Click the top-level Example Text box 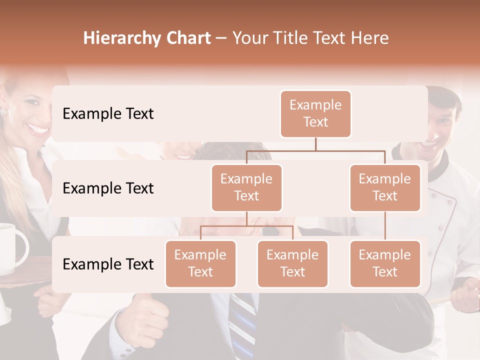315,113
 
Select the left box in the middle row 246,187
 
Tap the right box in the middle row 385,187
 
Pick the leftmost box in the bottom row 200,263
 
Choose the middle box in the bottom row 292,263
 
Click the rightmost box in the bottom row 385,263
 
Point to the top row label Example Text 108,114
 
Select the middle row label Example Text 108,188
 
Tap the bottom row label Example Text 108,264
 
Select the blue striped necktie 242,325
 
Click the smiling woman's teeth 38,129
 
